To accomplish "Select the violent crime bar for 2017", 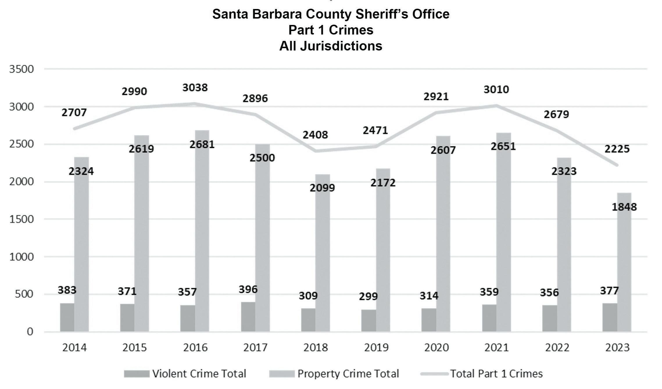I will coord(248,316).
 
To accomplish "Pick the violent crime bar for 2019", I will coord(368,320).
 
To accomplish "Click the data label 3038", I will coord(195,87).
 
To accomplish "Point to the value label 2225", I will coord(617,149).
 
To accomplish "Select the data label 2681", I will coord(202,144).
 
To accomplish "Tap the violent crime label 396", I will coord(248,289).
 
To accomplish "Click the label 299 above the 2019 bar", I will coord(368,296).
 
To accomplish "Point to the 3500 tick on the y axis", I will coord(22,69).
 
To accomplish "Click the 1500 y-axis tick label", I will coord(22,219).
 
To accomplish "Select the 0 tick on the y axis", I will coord(30,332).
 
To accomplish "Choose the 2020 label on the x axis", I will coord(436,347).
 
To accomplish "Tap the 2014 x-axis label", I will coord(74,347).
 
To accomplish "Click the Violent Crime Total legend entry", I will coord(185,374).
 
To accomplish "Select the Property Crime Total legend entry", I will coord(334,374).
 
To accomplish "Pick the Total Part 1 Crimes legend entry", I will coord(482,374).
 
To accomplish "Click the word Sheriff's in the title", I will coord(380,14).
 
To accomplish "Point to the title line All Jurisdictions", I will coord(331,46).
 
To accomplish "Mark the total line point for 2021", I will coord(496,106).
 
